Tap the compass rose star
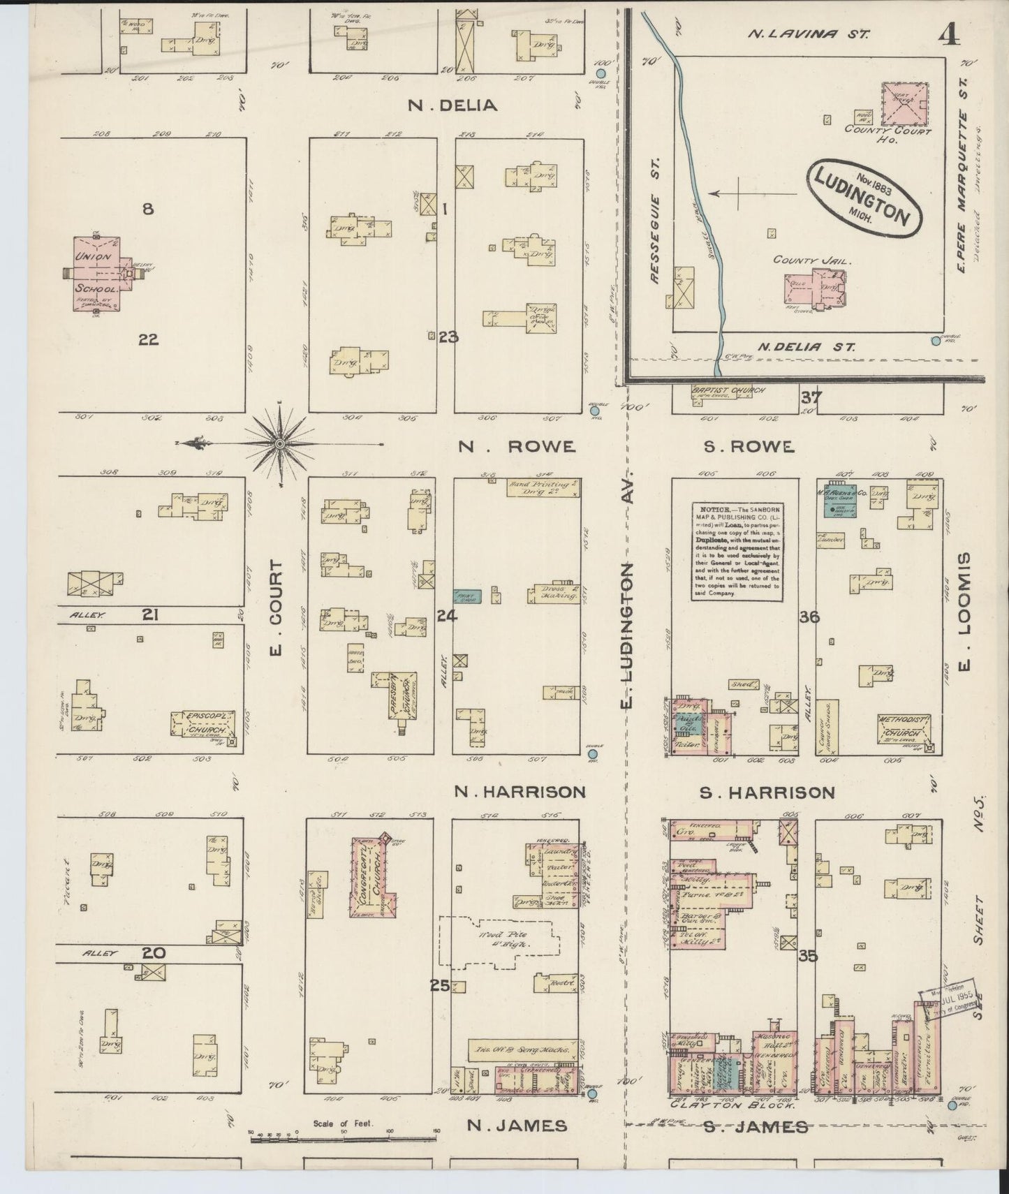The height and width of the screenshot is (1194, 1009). point(279,443)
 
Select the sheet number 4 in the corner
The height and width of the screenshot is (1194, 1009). point(948,34)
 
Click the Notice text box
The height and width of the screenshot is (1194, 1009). point(737,550)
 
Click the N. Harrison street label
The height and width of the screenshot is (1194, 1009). point(519,792)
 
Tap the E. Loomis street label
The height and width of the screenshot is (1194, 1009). point(966,610)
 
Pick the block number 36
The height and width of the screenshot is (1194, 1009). point(810,617)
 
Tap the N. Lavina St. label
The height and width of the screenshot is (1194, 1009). point(808,34)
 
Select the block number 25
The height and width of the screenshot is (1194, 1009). point(439,985)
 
